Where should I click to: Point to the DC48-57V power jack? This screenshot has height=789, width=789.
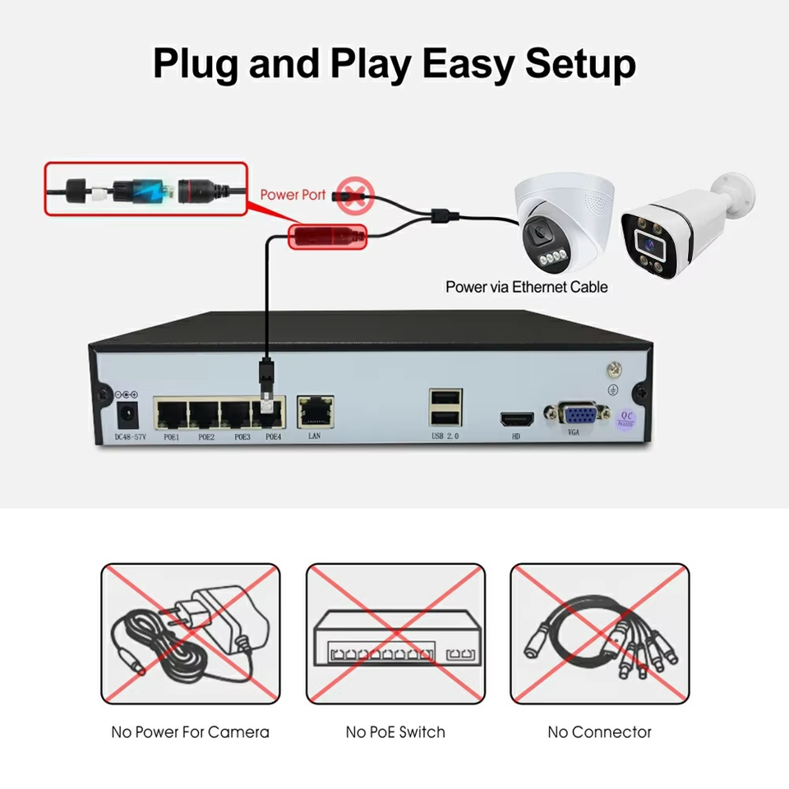[129, 413]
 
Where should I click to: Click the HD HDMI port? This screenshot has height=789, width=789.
[516, 418]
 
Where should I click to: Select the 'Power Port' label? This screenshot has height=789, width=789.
[293, 195]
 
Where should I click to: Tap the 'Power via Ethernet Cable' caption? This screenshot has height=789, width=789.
[527, 287]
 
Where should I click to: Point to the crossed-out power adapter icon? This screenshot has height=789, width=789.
[190, 634]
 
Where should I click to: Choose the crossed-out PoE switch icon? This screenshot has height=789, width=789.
[395, 634]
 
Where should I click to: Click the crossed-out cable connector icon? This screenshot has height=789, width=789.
[600, 634]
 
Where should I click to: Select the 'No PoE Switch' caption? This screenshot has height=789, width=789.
[395, 731]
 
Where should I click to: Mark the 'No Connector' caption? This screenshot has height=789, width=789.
[600, 731]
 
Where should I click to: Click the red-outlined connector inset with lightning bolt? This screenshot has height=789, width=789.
[145, 189]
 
